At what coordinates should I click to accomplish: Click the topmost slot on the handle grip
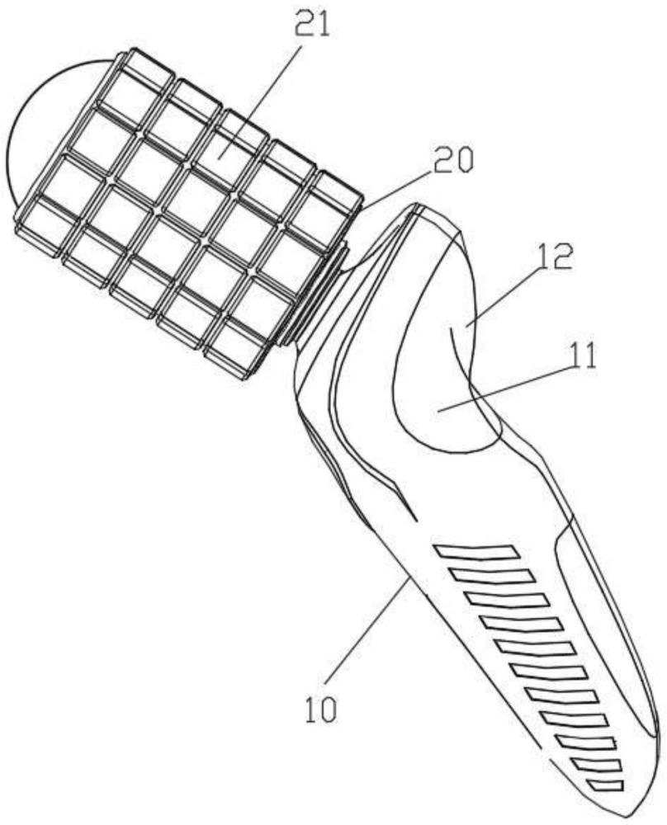point(476,550)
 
